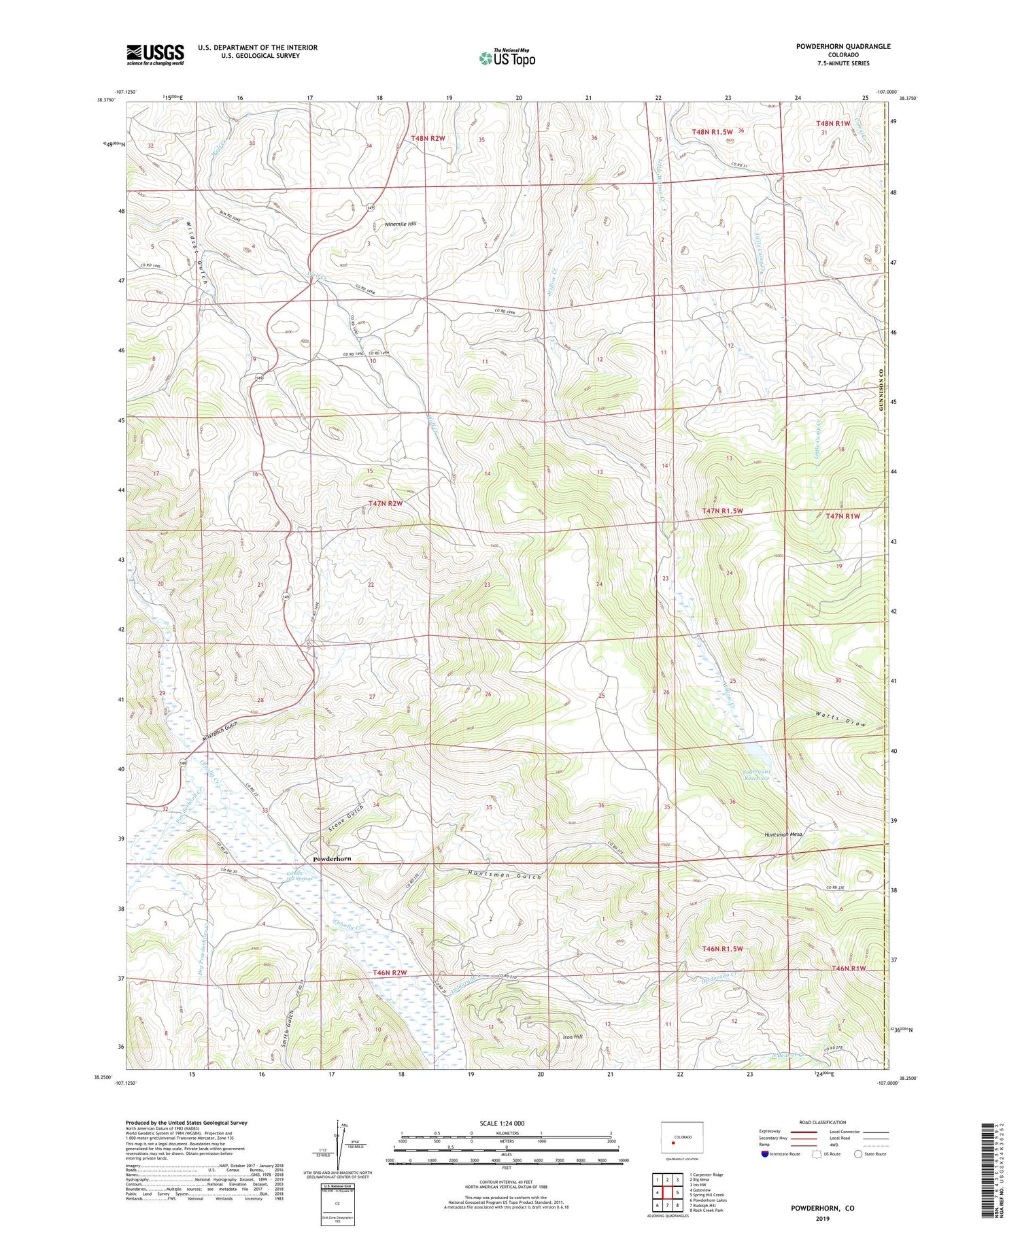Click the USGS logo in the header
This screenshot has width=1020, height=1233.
click(x=155, y=54)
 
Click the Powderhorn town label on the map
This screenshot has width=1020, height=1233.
click(x=332, y=859)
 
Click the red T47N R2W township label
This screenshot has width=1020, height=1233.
click(x=386, y=503)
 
